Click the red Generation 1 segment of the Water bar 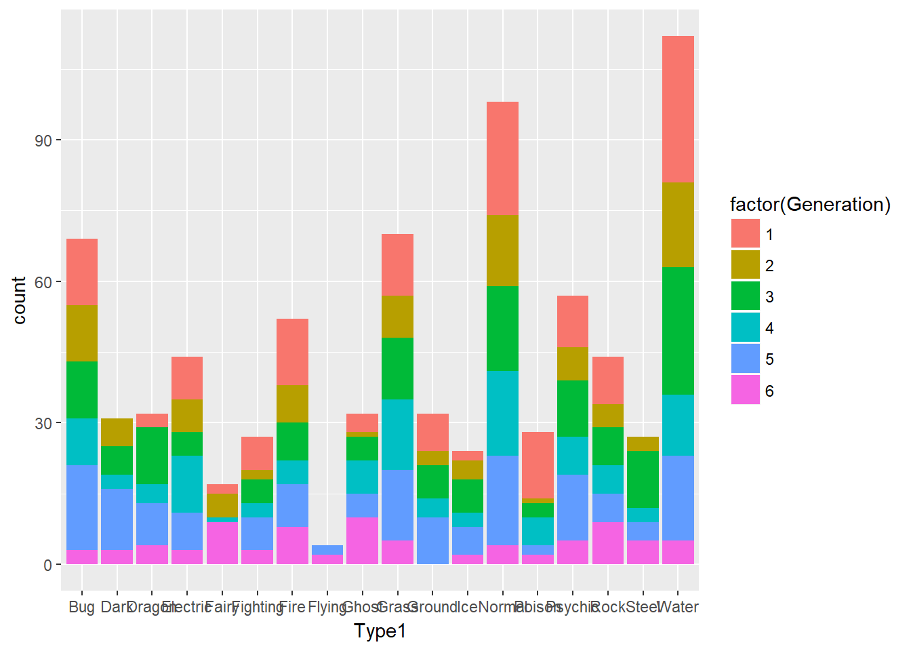tap(677, 108)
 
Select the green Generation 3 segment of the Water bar tap(677, 330)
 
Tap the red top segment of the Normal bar tap(502, 158)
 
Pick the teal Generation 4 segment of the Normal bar tap(502, 413)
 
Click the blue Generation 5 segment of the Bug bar tap(82, 507)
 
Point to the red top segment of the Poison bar tap(538, 465)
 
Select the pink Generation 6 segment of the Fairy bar tap(222, 542)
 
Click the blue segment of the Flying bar tap(327, 549)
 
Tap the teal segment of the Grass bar tap(397, 434)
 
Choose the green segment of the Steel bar tap(643, 479)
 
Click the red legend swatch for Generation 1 tap(745, 234)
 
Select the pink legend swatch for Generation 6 tap(745, 391)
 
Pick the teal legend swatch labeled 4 tap(745, 328)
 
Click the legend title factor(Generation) tap(809, 204)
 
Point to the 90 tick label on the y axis tap(43, 140)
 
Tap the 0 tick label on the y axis tap(47, 565)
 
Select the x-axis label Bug tap(81, 607)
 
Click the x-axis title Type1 tap(380, 631)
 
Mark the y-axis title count tap(19, 300)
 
